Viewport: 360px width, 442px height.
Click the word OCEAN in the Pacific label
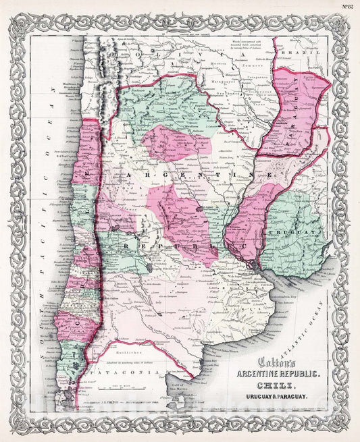(x=47, y=115)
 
